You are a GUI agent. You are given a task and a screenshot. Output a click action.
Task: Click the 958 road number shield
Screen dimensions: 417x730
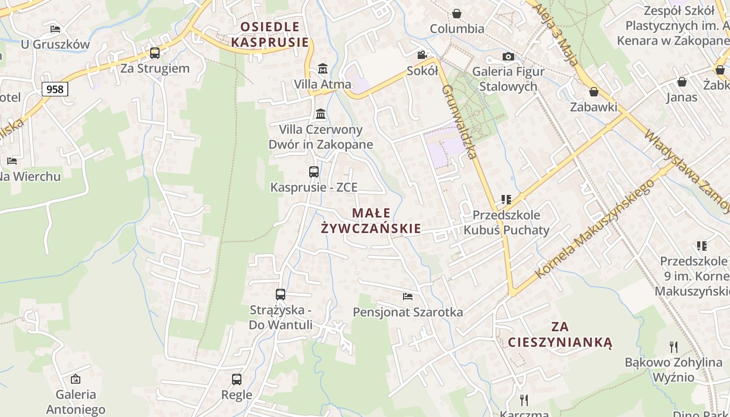55,89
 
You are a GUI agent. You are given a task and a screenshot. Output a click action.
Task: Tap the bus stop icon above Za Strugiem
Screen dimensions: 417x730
155,53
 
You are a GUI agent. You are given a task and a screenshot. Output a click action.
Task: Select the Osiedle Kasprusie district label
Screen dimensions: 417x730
270,34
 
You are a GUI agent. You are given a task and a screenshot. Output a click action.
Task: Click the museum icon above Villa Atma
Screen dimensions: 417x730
323,68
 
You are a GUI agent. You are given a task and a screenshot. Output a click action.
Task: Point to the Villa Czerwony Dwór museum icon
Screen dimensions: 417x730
321,114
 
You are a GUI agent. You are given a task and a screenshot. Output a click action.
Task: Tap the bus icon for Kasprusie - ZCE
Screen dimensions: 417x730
314,171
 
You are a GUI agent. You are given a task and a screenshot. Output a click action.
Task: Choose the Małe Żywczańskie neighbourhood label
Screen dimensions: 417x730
371,220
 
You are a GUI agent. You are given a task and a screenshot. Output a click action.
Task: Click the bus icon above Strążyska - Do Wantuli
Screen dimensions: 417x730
281,295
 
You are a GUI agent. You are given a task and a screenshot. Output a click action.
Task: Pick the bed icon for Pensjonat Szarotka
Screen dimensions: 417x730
408,297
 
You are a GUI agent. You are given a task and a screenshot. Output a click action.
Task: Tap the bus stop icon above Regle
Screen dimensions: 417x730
237,379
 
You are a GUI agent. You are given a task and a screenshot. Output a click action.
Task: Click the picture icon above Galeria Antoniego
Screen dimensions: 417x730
76,379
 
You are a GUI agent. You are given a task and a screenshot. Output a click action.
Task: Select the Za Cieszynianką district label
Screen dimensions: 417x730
560,334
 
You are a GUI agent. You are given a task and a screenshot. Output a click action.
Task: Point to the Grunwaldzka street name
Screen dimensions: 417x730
459,122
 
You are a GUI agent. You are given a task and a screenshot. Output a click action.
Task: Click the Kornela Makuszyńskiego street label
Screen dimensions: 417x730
594,229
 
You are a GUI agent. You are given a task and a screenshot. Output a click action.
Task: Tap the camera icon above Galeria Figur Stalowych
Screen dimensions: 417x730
508,56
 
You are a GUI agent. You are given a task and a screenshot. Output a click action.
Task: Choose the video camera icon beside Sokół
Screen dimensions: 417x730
422,55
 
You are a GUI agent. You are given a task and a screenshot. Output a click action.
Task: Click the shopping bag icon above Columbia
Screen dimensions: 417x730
457,13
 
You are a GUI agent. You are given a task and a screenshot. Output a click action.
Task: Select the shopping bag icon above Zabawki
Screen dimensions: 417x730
593,92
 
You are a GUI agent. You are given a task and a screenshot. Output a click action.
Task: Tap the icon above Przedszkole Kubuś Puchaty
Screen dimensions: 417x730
506,199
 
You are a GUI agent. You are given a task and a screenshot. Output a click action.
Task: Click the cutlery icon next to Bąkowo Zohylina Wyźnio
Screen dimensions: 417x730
674,347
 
